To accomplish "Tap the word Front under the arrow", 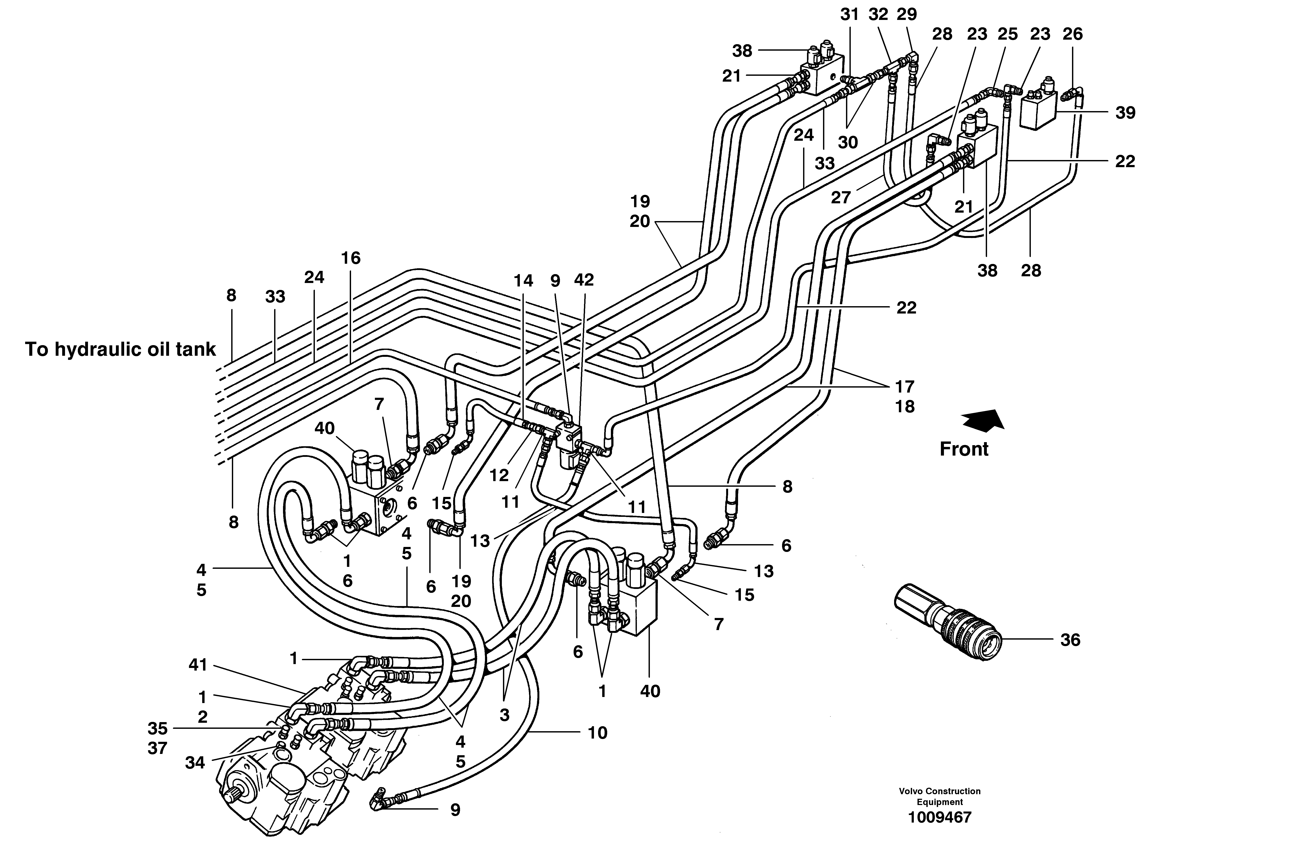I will click(964, 449).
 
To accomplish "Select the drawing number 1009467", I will click(940, 817).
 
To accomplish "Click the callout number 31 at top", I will click(849, 15).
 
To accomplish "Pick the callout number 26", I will click(1073, 34).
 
